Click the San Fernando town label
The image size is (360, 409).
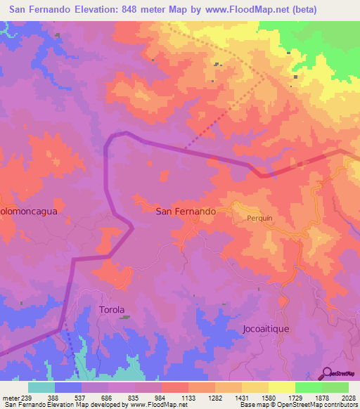(186, 210)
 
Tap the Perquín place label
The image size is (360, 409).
(259, 218)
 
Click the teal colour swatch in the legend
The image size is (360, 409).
(41, 387)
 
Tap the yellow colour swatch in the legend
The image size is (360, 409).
(281, 387)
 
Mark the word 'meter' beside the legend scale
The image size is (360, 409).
(10, 397)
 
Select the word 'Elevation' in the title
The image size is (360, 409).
(95, 10)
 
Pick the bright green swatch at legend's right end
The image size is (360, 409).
(335, 387)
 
